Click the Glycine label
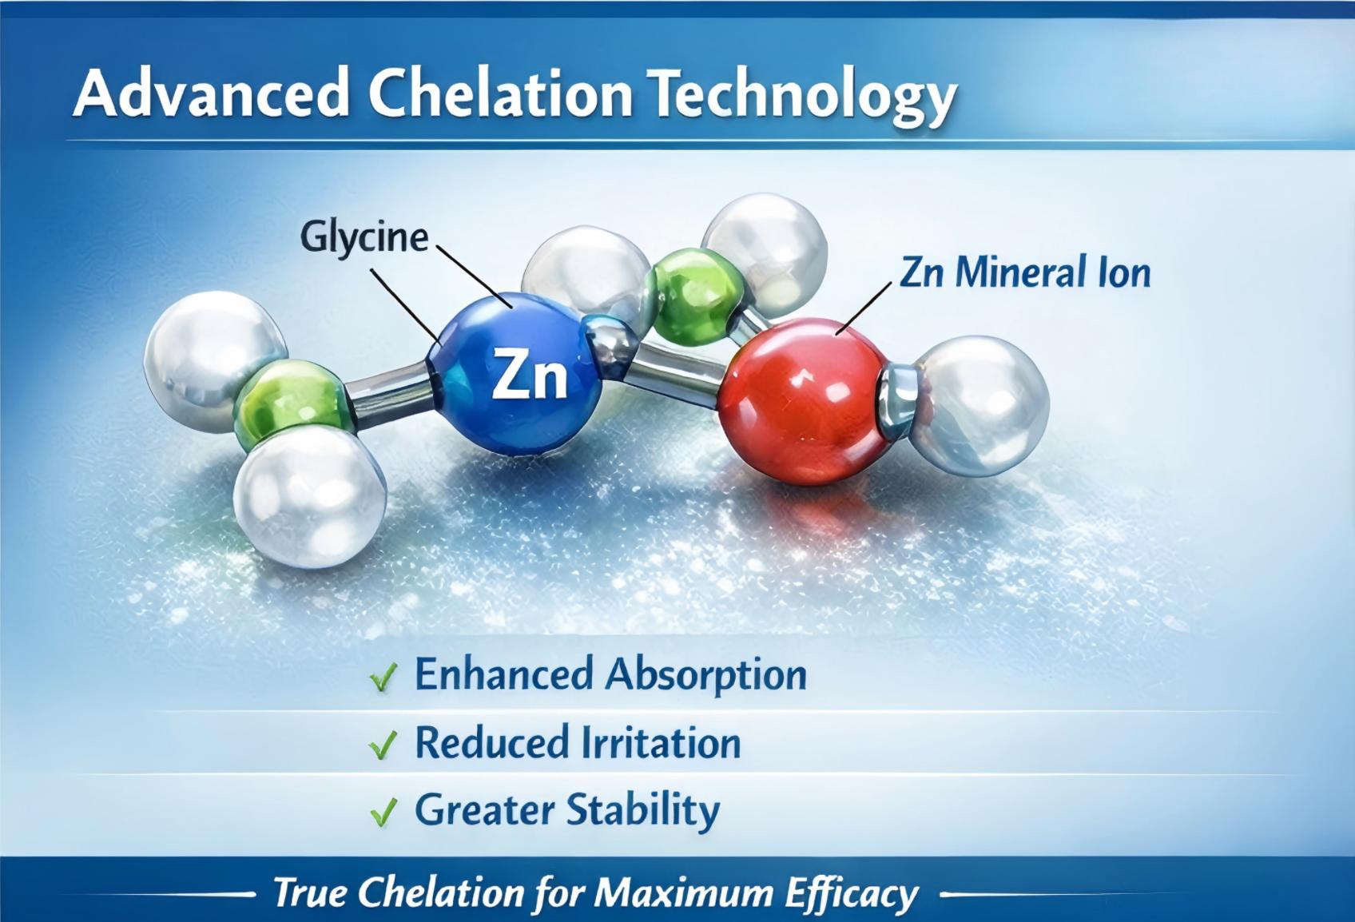(364, 237)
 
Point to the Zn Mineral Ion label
(1025, 272)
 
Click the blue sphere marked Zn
(519, 374)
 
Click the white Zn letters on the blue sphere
(529, 376)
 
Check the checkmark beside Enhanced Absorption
(383, 679)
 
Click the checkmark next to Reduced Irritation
(383, 746)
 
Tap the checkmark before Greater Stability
(383, 813)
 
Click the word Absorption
(705, 675)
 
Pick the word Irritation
(660, 743)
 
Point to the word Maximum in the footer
(682, 892)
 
